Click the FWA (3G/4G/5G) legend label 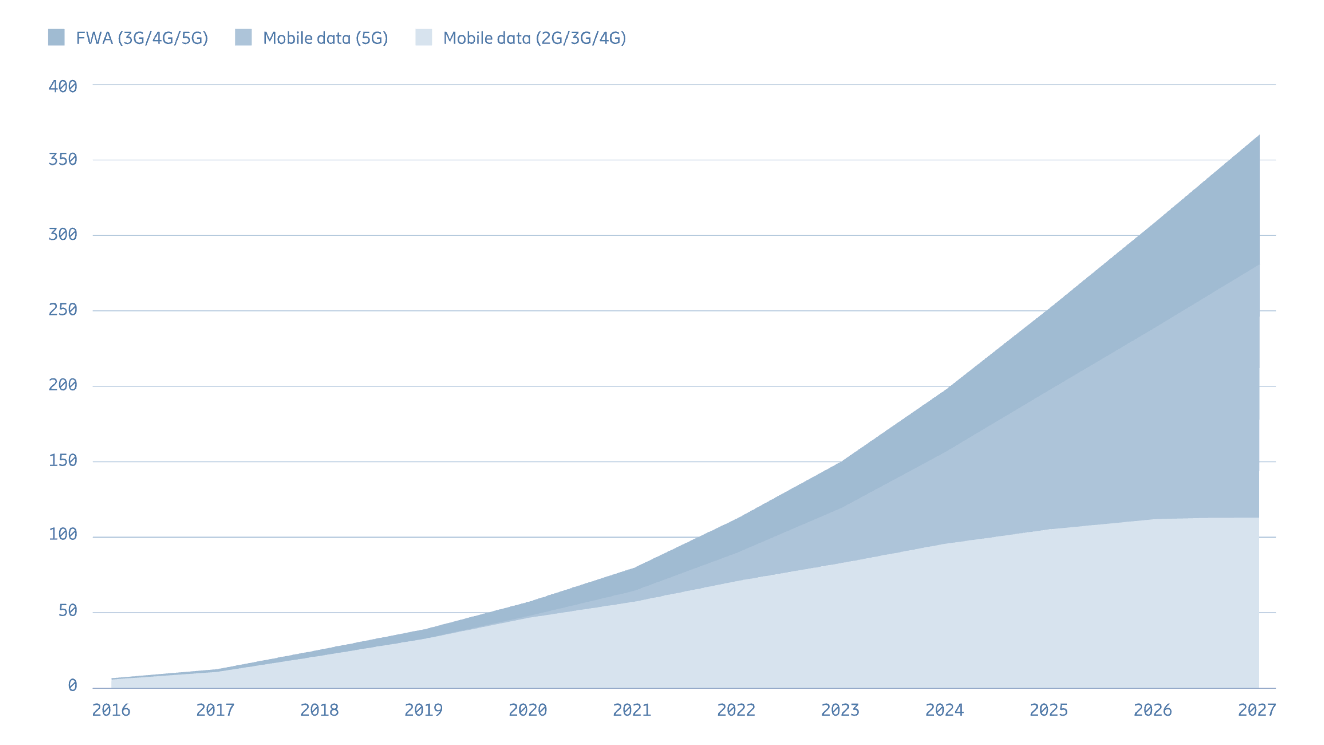coord(142,38)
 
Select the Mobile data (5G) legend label coord(325,38)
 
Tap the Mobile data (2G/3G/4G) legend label coord(535,38)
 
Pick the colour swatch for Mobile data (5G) coord(243,37)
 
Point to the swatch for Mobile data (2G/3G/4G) coord(424,37)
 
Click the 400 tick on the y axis coord(63,86)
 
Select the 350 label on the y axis coord(63,159)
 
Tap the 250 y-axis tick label coord(63,310)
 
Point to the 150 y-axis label coord(63,460)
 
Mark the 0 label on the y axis coord(72,685)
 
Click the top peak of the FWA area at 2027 coord(1258,136)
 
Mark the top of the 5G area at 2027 coord(1258,265)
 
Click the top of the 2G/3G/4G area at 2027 coord(1258,518)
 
